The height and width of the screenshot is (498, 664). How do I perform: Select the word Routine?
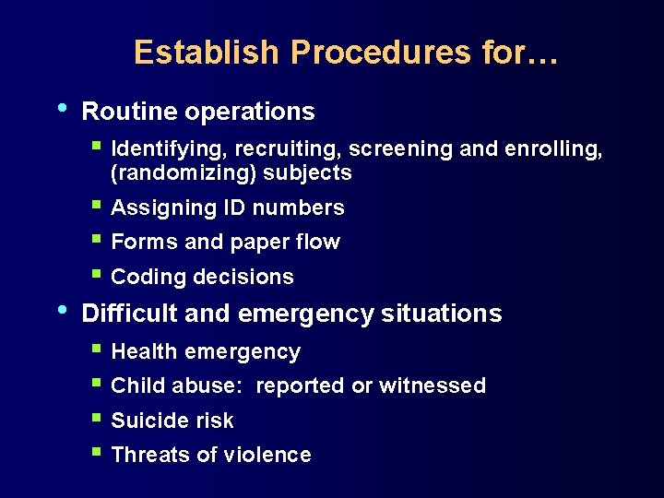(x=129, y=112)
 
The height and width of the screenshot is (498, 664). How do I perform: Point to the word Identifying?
(x=169, y=149)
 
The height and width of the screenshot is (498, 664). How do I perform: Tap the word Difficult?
(x=130, y=314)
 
